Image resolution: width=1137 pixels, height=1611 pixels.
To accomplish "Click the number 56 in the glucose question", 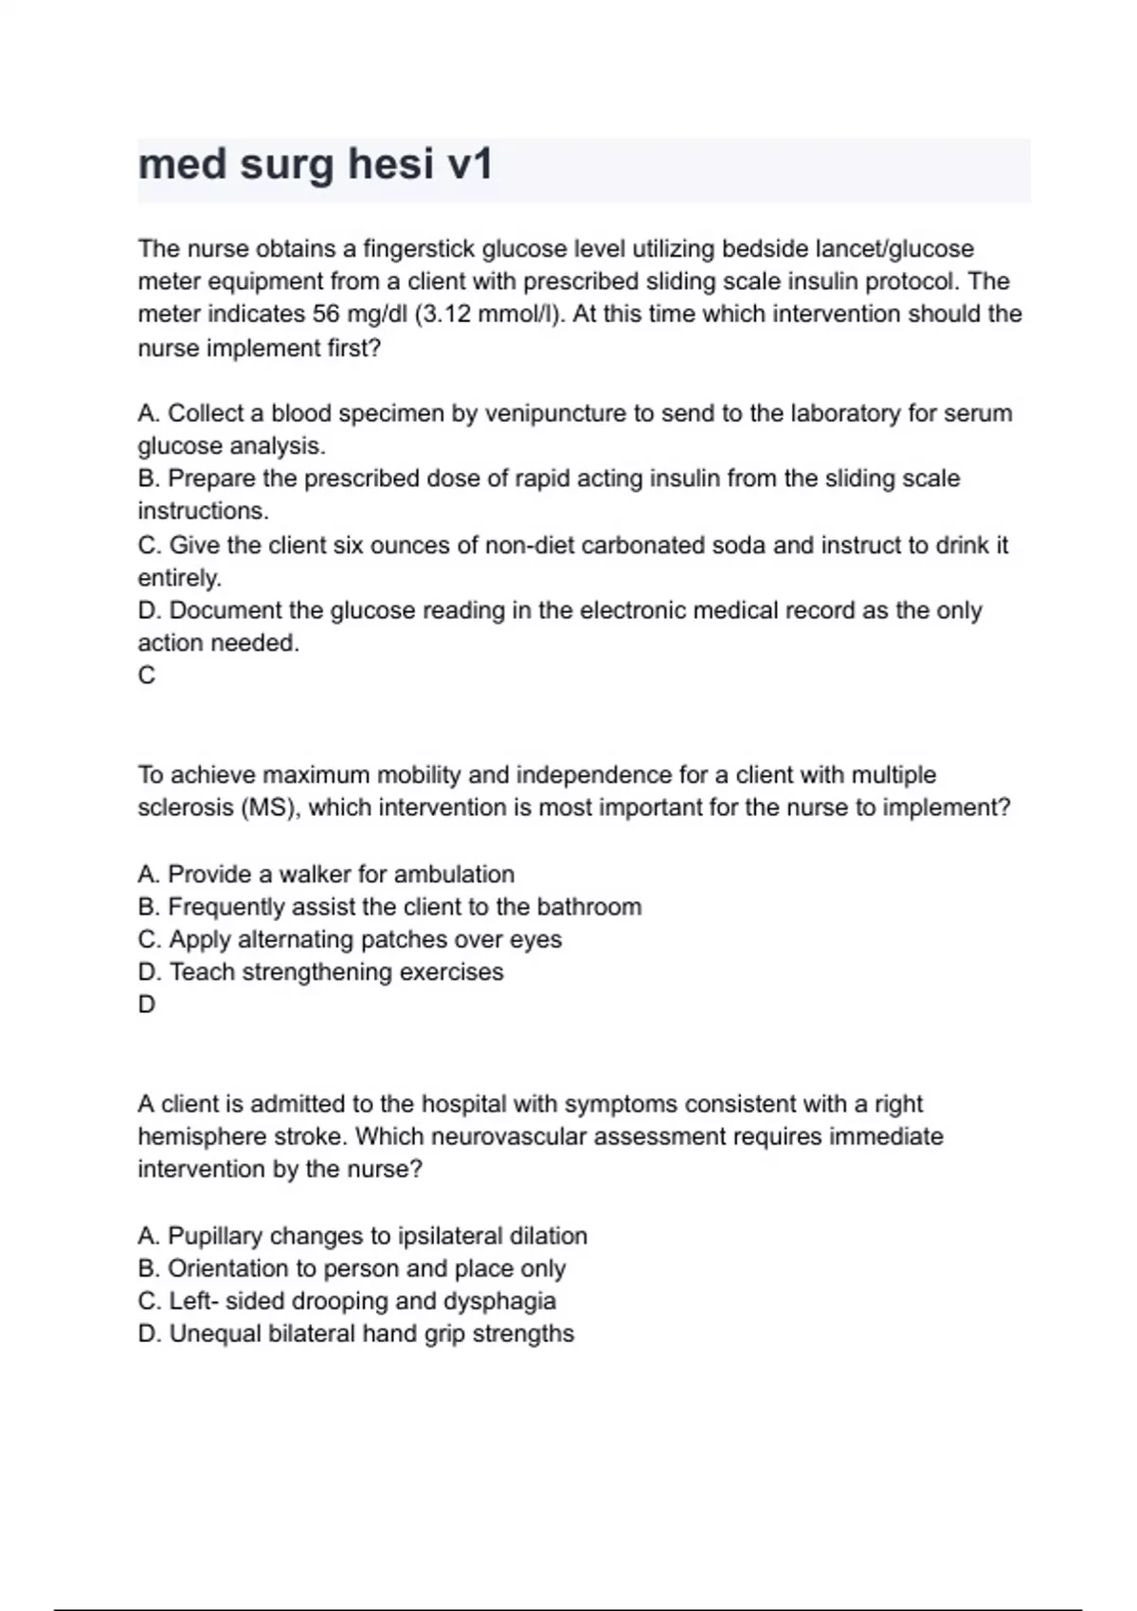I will click(x=326, y=314).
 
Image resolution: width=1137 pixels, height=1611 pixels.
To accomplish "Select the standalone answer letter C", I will click(x=147, y=676).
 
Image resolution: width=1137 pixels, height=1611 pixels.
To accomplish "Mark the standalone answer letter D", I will click(x=147, y=1005).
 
